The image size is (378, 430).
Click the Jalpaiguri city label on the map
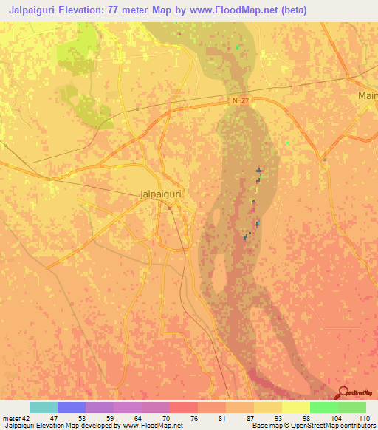pos(160,194)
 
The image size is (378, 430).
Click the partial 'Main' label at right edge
pos(367,96)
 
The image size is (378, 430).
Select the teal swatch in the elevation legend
pos(44,407)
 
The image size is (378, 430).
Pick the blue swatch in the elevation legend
pos(72,407)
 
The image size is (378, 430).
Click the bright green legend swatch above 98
pos(323,407)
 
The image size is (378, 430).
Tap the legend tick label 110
pos(364,418)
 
